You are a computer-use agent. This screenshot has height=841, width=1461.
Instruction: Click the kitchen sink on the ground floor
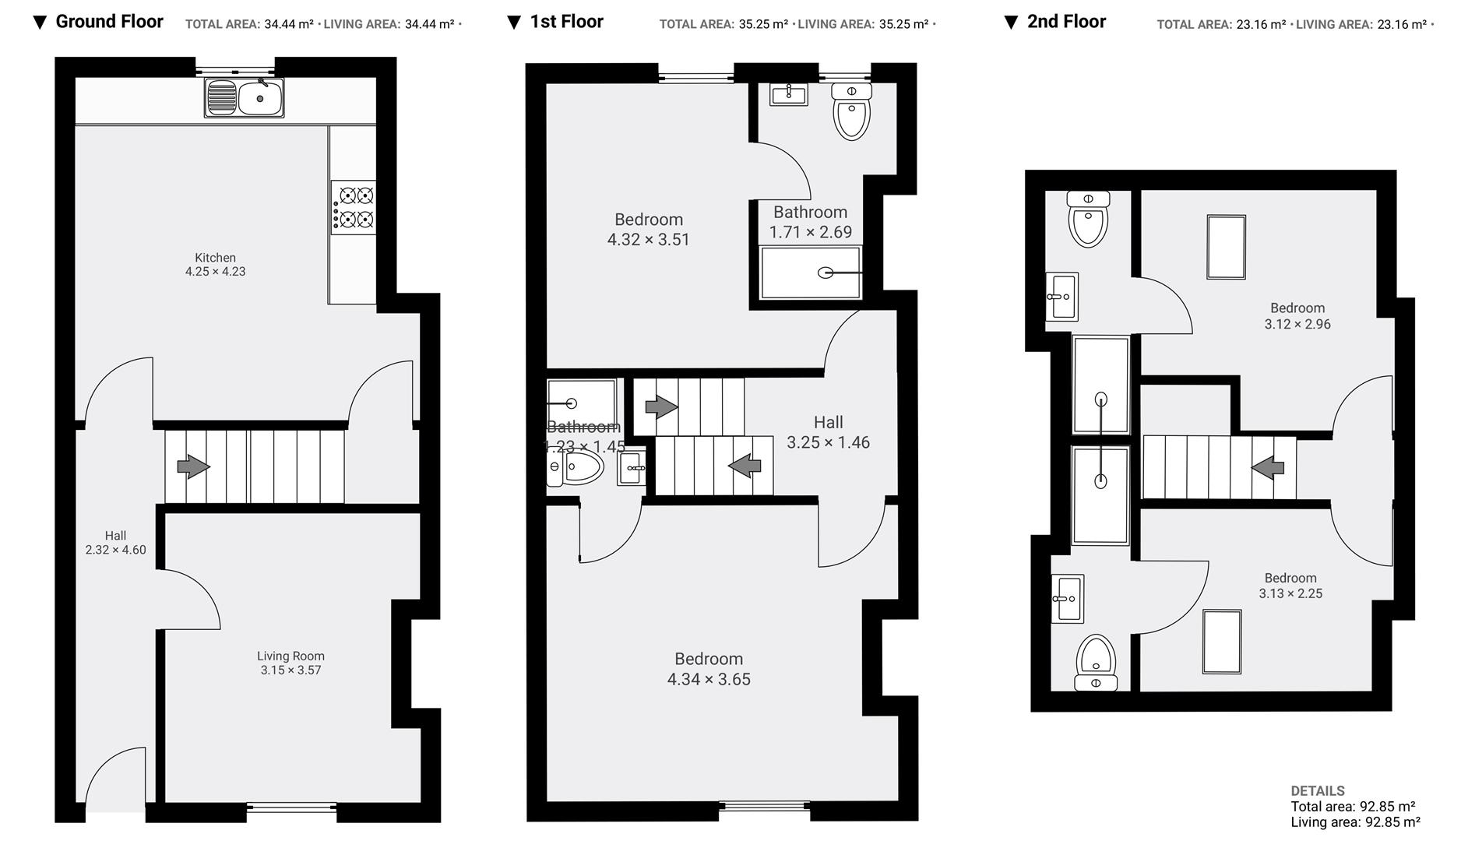(244, 98)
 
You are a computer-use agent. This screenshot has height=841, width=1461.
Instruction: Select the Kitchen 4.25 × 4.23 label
(215, 264)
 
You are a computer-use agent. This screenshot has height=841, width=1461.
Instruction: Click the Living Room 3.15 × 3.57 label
(290, 663)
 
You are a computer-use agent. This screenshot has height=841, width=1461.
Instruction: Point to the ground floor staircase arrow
(193, 466)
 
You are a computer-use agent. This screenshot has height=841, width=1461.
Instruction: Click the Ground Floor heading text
(109, 22)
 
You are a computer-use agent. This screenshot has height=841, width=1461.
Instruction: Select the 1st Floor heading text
(566, 22)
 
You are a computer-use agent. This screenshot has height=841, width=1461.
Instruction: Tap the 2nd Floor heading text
(1065, 22)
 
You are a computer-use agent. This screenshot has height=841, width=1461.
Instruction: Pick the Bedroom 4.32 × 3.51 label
(648, 230)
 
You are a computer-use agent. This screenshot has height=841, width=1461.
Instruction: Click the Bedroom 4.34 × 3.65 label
(708, 669)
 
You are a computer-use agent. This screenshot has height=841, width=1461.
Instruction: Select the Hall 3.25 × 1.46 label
(828, 432)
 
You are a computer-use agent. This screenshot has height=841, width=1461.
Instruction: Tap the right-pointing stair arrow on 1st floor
(661, 406)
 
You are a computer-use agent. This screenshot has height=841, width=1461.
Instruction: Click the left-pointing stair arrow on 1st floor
(745, 465)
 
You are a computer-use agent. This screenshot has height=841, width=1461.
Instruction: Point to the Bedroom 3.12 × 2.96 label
(1297, 316)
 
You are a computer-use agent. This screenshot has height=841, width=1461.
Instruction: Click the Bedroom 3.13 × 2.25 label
(1290, 586)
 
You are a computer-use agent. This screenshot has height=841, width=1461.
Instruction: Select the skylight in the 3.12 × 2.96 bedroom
(1226, 247)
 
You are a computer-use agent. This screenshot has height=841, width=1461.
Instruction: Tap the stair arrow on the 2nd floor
(1267, 467)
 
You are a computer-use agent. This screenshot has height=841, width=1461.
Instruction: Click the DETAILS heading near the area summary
(1317, 790)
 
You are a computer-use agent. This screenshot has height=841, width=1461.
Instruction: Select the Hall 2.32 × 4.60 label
(115, 542)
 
